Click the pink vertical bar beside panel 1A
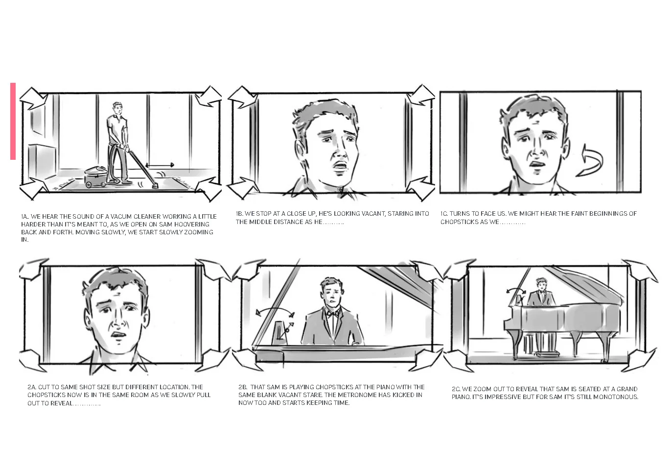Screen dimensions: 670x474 click(13, 121)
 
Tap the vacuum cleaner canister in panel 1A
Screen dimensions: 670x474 click(96, 177)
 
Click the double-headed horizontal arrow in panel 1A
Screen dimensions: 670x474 click(160, 165)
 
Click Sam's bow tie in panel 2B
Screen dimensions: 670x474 click(332, 314)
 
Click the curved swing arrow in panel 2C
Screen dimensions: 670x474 click(516, 290)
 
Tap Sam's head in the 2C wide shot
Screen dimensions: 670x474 click(541, 284)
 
